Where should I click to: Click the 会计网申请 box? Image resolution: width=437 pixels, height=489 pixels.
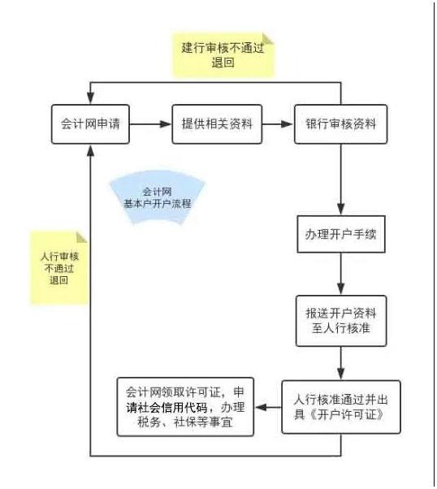90,124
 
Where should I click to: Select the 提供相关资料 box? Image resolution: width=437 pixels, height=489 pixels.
217,124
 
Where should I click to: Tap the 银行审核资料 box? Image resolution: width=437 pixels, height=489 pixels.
341,124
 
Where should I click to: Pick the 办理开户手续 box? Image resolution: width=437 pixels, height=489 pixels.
341,234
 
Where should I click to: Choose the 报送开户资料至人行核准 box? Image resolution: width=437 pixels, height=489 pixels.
341,321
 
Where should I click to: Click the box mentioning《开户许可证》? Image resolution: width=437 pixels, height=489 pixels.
341,407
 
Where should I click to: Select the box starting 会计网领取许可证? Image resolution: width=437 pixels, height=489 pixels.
185,407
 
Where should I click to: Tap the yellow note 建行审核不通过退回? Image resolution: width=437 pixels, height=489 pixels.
223,55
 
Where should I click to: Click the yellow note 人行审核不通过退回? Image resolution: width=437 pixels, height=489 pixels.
59,268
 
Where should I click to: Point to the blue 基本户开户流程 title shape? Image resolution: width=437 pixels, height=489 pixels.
158,197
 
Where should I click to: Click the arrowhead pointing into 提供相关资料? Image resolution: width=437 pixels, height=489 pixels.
166,124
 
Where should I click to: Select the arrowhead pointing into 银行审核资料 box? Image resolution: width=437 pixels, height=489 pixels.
288,124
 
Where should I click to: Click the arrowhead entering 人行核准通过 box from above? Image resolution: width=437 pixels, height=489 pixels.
341,374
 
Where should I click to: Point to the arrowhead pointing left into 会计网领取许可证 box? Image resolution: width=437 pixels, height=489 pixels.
261,407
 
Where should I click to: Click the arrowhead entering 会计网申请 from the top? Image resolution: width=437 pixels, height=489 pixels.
90,98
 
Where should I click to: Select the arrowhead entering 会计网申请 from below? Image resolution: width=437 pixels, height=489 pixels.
90,150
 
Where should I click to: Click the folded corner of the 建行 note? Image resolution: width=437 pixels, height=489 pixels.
268,38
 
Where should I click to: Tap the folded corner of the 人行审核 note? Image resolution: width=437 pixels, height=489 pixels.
82,237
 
